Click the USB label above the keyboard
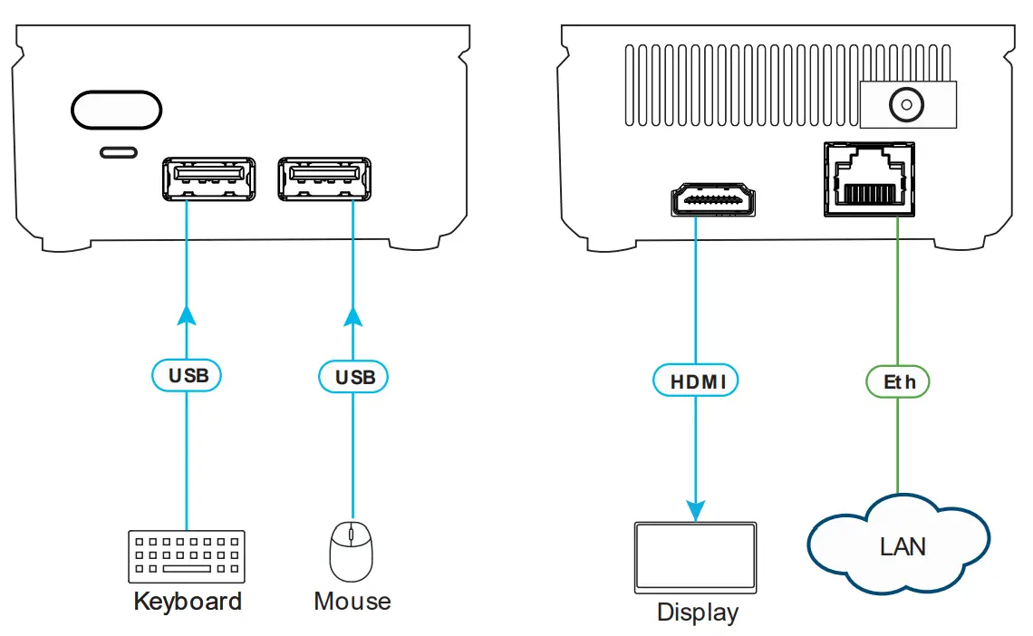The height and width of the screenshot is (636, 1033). [186, 375]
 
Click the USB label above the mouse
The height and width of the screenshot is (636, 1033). [354, 376]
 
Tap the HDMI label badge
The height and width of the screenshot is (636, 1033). [696, 381]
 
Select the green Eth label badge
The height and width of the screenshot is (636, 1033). [898, 381]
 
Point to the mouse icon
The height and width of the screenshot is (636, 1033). [351, 551]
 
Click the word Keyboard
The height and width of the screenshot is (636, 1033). [188, 602]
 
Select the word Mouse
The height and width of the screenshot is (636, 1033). [352, 602]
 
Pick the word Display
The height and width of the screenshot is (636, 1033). [697, 613]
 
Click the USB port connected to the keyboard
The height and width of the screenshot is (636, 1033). [208, 178]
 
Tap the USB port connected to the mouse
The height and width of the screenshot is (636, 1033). [325, 178]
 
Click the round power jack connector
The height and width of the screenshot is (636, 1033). [903, 105]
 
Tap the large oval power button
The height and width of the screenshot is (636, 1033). [117, 110]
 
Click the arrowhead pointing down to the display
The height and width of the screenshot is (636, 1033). [696, 508]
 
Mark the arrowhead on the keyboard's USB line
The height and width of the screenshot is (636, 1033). [186, 314]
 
